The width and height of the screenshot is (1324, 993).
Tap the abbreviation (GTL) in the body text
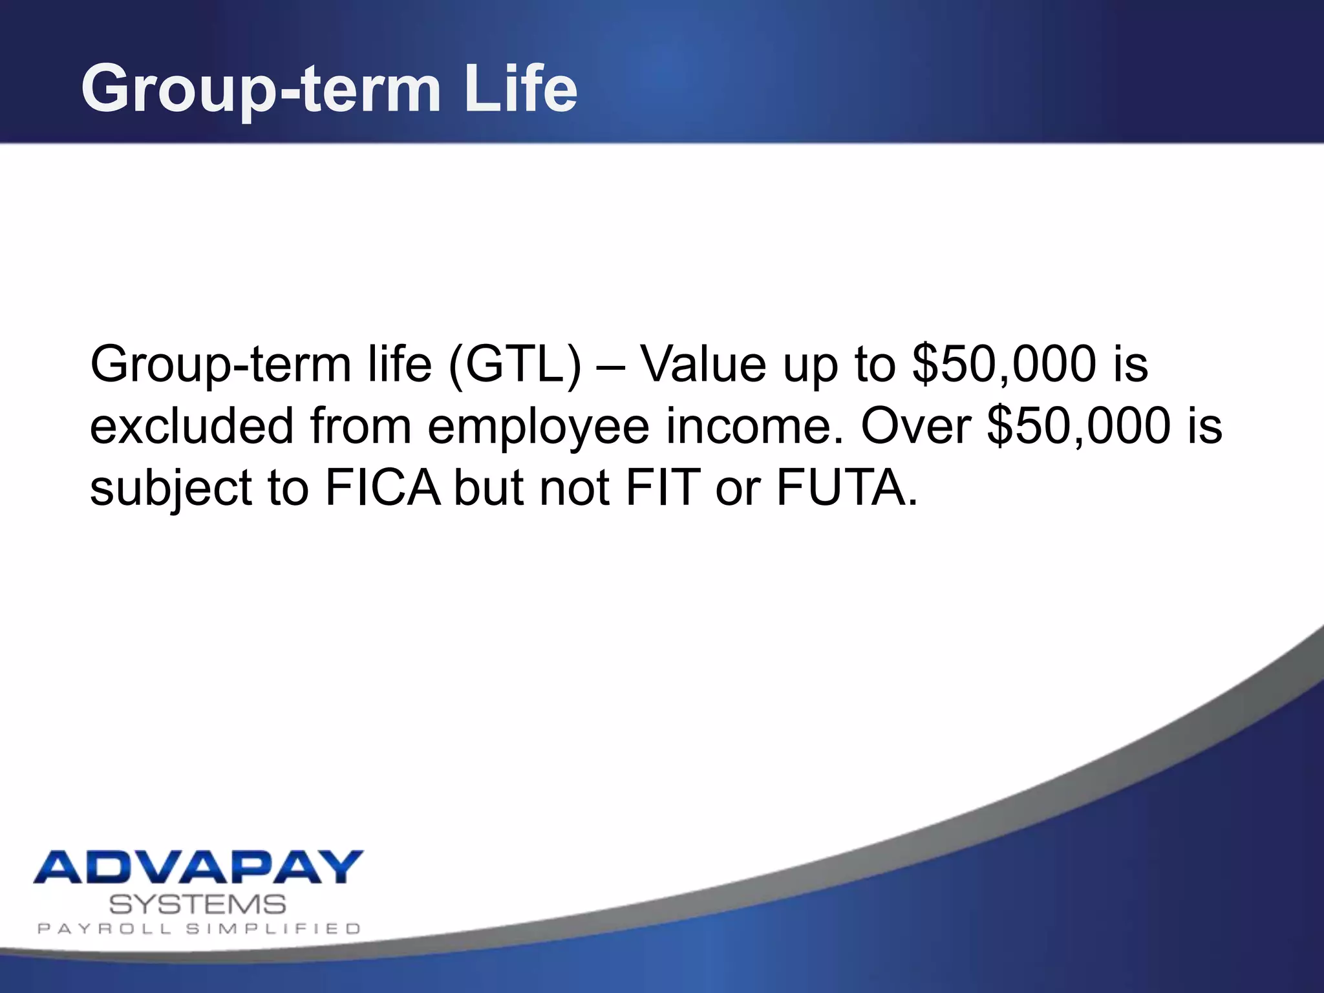point(515,365)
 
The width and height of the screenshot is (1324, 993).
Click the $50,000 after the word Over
point(1078,426)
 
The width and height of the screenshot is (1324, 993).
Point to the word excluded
point(192,426)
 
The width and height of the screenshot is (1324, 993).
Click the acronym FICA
point(383,487)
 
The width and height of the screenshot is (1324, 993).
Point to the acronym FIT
point(663,487)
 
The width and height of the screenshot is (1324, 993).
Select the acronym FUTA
point(846,487)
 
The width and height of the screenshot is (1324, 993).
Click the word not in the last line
point(575,487)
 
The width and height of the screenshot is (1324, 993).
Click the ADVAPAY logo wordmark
point(198,867)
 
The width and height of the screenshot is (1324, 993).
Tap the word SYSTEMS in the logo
point(197,904)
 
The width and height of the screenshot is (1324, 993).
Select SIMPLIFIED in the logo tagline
point(273,929)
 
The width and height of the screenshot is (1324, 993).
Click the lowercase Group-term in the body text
point(220,365)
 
